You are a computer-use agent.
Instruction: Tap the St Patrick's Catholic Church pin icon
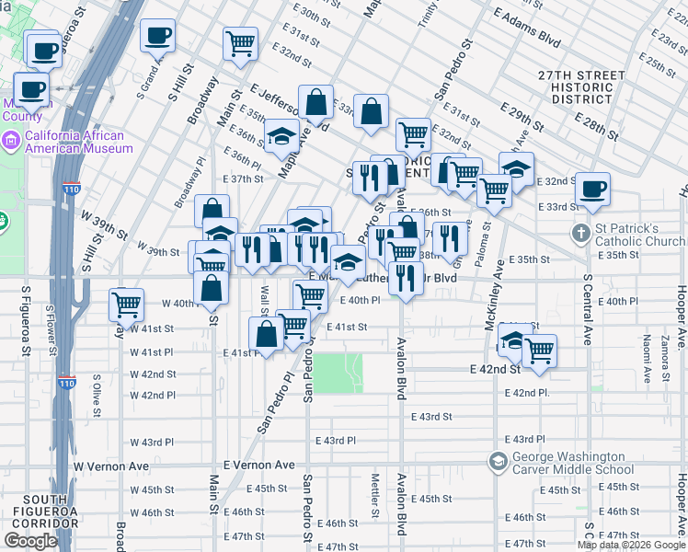point(580,234)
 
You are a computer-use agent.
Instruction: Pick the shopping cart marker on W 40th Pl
point(126,303)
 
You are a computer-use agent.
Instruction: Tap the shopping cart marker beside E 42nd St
point(539,350)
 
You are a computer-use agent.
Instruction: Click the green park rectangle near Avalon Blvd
point(341,372)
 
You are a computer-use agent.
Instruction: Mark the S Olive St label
point(96,394)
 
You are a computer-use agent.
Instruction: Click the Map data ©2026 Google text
point(630,545)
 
